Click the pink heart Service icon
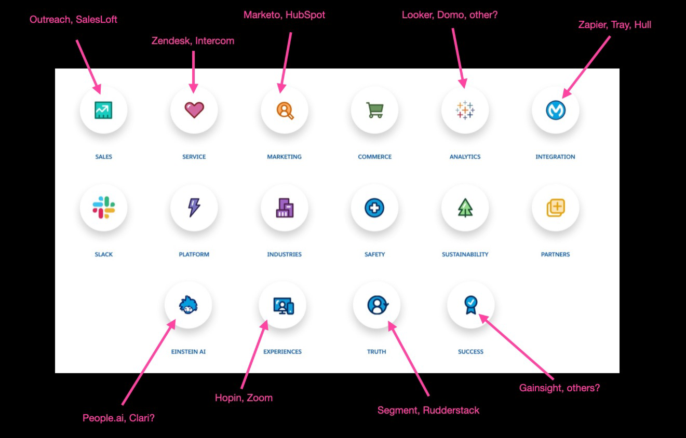pyautogui.click(x=194, y=109)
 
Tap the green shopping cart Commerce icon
pyautogui.click(x=374, y=109)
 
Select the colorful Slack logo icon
pyautogui.click(x=103, y=208)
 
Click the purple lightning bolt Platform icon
pyautogui.click(x=194, y=208)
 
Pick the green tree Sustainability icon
pyautogui.click(x=465, y=208)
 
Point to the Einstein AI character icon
pyautogui.click(x=188, y=305)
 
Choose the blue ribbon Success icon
pyautogui.click(x=470, y=305)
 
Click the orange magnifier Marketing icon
pyautogui.click(x=285, y=109)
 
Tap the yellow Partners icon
pyautogui.click(x=555, y=208)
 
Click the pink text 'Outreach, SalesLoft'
pyautogui.click(x=73, y=20)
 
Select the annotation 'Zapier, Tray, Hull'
pyautogui.click(x=614, y=24)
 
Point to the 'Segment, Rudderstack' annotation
pyautogui.click(x=428, y=410)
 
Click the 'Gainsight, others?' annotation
pyautogui.click(x=559, y=388)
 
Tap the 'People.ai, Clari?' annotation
pyautogui.click(x=118, y=418)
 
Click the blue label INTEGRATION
pyautogui.click(x=555, y=157)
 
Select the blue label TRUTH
pyautogui.click(x=376, y=352)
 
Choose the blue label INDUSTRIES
pyautogui.click(x=284, y=254)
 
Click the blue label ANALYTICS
pyautogui.click(x=465, y=157)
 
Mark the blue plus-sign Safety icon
pyautogui.click(x=374, y=208)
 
